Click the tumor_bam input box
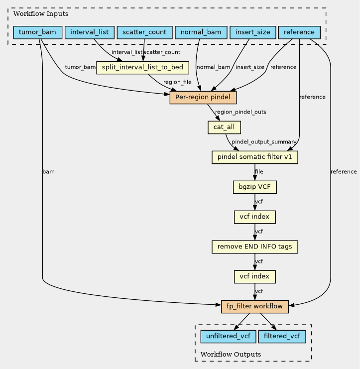pos(38,32)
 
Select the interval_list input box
pos(90,32)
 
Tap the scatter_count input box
pos(144,32)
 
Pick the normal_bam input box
pos(201,32)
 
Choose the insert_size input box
pos(253,32)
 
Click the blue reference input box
pos(299,32)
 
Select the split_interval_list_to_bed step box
pos(142,68)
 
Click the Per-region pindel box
pos(203,98)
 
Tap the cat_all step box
pos(224,127)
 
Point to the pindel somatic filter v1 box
pos(255,157)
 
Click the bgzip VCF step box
pos(255,187)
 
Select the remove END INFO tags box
pos(255,247)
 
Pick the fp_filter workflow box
pos(255,306)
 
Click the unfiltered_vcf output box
pos(228,336)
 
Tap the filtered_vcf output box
pos(282,336)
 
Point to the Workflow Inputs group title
pos(41,13)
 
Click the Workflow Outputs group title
pos(231,354)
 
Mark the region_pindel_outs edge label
pos(240,112)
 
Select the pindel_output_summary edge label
pos(264,142)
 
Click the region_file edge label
pos(177,82)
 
